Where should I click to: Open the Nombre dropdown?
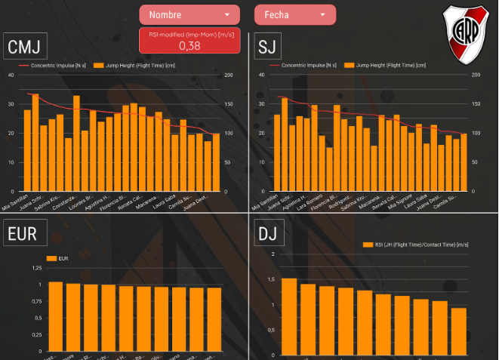tap(189, 14)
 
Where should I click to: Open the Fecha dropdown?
tap(294, 14)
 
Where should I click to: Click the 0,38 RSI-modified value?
tap(189, 45)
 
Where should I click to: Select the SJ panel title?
tap(267, 48)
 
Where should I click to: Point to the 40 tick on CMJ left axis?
tap(11, 75)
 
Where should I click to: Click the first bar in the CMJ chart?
tap(27, 150)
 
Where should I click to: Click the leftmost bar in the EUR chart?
tap(55, 316)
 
